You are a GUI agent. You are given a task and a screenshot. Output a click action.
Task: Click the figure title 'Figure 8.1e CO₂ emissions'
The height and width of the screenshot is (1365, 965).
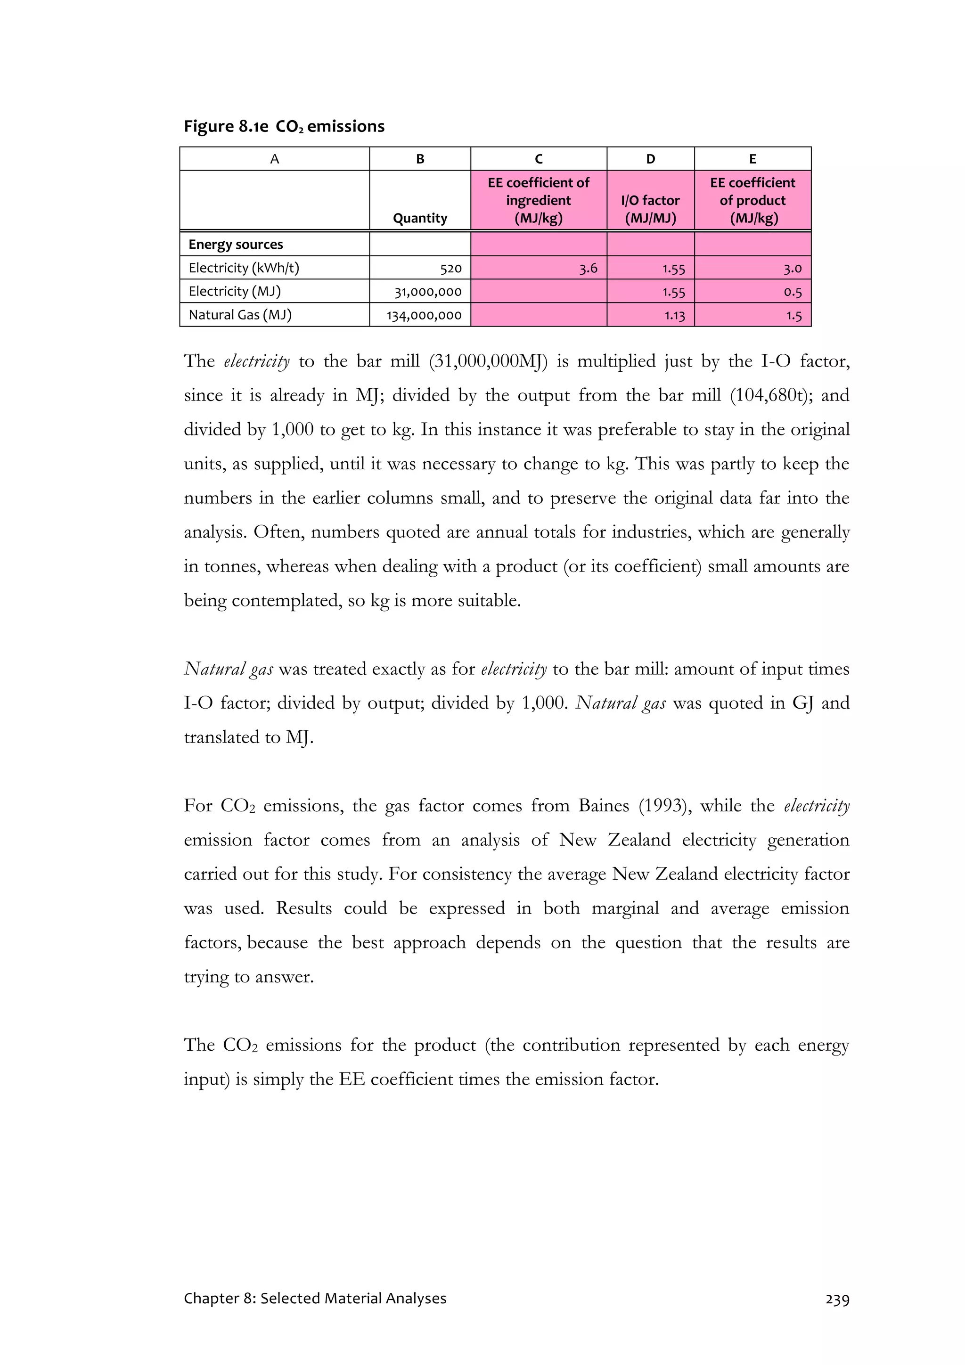pos(284,127)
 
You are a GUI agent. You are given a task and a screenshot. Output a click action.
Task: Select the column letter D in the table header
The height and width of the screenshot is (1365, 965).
pos(650,159)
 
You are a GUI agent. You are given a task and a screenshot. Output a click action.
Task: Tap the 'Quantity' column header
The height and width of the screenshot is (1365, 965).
pos(420,218)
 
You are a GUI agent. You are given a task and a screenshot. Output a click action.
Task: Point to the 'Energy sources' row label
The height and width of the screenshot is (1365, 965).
pos(236,245)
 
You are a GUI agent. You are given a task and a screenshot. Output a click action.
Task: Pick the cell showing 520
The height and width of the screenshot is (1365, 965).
pos(450,268)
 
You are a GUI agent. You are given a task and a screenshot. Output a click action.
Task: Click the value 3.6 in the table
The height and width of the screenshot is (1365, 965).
pos(588,268)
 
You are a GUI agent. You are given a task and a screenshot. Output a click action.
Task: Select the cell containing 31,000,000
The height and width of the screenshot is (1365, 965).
pos(428,292)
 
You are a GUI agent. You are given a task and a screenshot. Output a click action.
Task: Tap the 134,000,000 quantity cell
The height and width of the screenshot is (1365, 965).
pos(424,315)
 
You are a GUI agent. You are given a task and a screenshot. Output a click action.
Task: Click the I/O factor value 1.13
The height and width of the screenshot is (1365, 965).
pos(674,315)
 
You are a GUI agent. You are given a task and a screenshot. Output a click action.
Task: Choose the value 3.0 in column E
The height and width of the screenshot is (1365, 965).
pos(792,268)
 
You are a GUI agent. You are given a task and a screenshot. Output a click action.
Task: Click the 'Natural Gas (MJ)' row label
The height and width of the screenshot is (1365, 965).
pos(240,314)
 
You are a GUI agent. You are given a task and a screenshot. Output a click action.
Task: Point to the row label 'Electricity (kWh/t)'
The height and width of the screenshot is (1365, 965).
pos(244,268)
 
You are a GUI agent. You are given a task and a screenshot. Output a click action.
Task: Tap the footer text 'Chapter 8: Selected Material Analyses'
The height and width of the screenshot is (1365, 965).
pos(315,1299)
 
